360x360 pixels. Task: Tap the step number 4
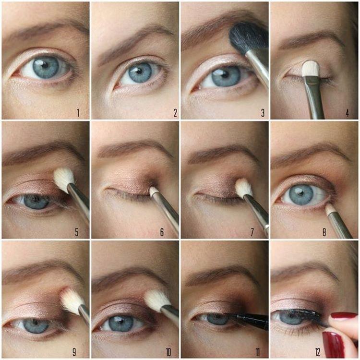(x=348, y=113)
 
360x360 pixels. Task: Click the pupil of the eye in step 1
(x=46, y=68)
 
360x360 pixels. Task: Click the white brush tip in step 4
(x=310, y=68)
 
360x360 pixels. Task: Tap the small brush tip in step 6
(x=153, y=191)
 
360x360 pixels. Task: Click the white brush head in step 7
(x=243, y=187)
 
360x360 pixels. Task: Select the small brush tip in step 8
(x=330, y=209)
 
